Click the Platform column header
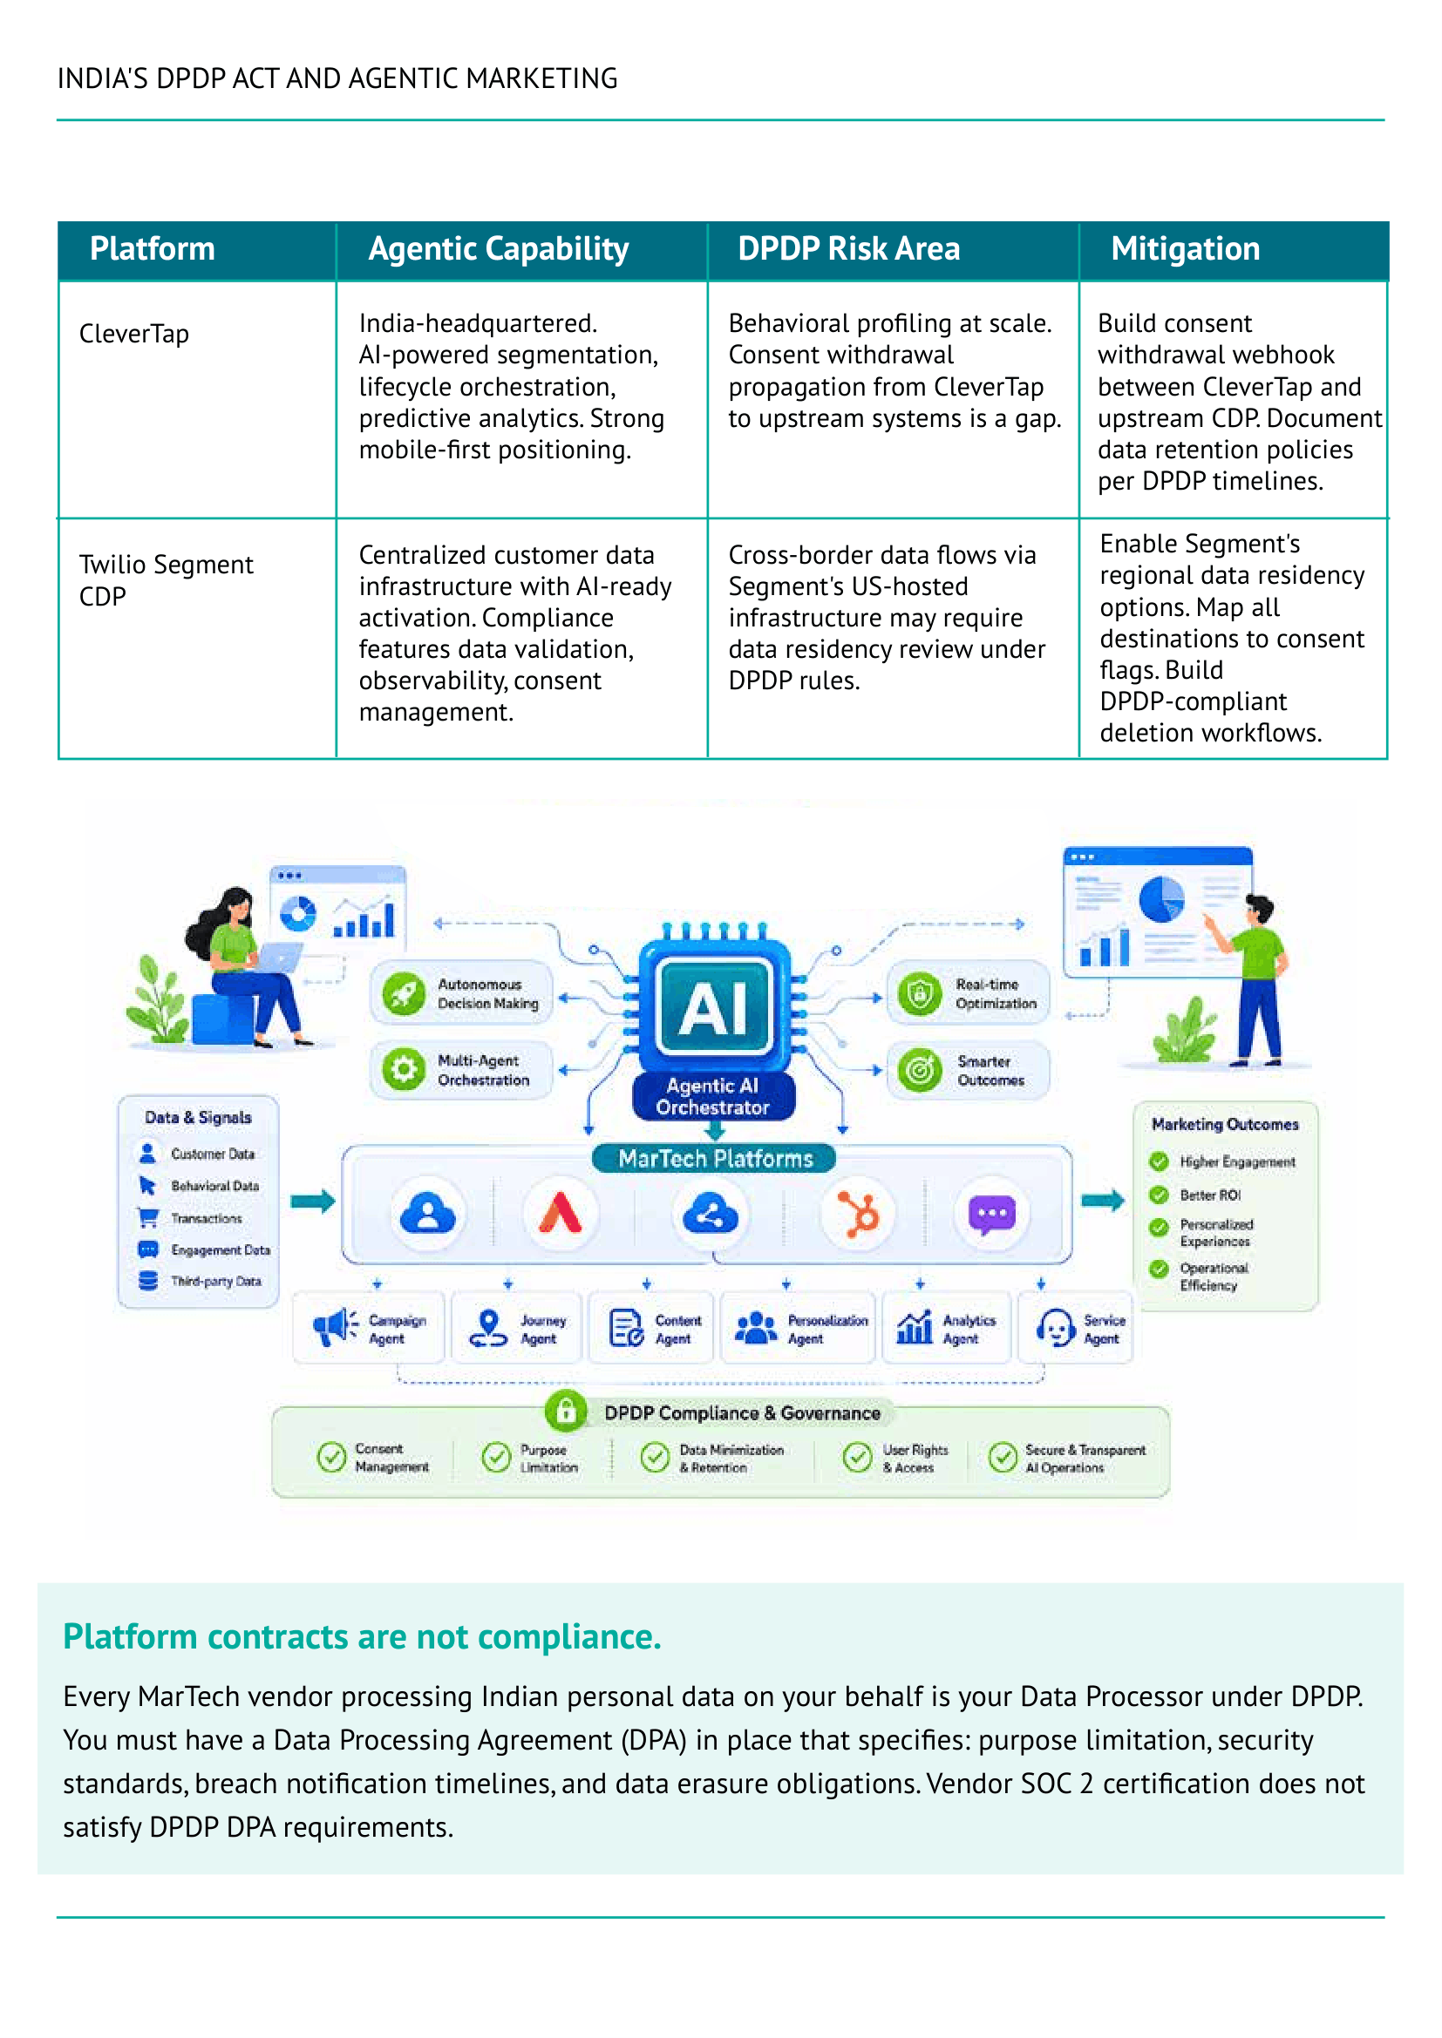tap(152, 248)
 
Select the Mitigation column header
tap(1185, 248)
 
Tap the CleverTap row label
tap(134, 334)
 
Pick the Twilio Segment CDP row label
tap(166, 580)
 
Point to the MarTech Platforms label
tap(716, 1158)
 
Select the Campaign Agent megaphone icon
tap(335, 1328)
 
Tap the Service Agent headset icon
tap(1056, 1328)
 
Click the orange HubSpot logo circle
tap(859, 1215)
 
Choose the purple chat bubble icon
tap(992, 1215)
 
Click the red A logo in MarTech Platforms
tap(561, 1214)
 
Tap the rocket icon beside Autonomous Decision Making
tap(404, 993)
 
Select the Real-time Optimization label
tap(996, 993)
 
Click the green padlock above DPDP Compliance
tap(566, 1410)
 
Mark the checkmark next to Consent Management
tap(331, 1457)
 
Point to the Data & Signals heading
tap(198, 1118)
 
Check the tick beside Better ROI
tap(1159, 1195)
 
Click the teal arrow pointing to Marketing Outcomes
tap(1103, 1201)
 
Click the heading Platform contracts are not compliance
tap(363, 1636)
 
